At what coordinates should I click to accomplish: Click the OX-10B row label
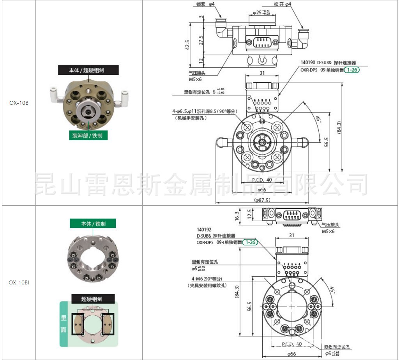tap(19, 103)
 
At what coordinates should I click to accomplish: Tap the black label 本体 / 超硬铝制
tap(87, 70)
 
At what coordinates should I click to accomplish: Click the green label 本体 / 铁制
tap(93, 224)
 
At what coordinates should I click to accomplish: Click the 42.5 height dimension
tap(187, 45)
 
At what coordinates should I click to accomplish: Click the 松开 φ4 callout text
tap(282, 4)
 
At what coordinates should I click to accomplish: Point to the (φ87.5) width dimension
tap(262, 200)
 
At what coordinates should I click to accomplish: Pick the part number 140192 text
tap(204, 230)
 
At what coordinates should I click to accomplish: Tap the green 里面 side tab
tap(64, 324)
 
